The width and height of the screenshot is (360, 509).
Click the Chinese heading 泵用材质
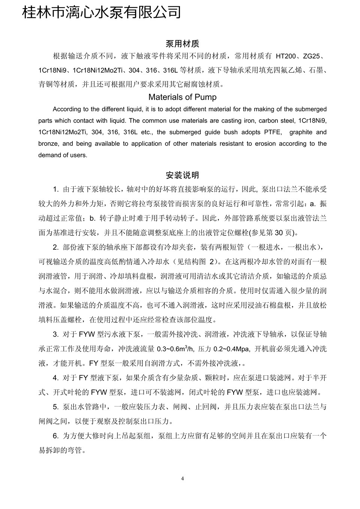pos(182,44)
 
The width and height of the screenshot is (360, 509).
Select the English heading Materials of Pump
pos(182,97)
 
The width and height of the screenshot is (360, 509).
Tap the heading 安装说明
pos(182,175)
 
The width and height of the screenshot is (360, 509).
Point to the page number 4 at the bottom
pos(182,478)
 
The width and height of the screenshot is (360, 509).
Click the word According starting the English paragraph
pos(67,109)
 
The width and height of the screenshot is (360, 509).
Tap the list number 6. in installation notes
pos(56,436)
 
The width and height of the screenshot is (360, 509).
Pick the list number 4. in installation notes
pos(56,378)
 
